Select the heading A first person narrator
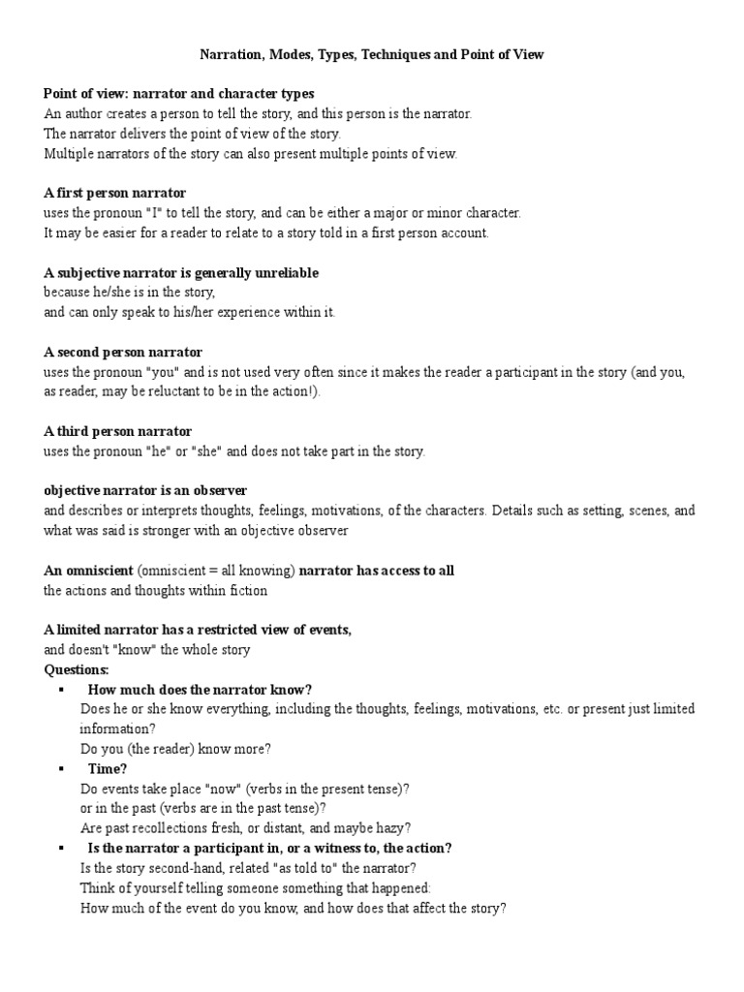point(114,194)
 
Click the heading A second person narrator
point(123,352)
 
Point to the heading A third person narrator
point(117,431)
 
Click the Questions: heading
point(77,669)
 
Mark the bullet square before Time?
point(61,768)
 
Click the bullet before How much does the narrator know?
point(61,690)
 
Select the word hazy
point(393,828)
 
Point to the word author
point(78,113)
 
